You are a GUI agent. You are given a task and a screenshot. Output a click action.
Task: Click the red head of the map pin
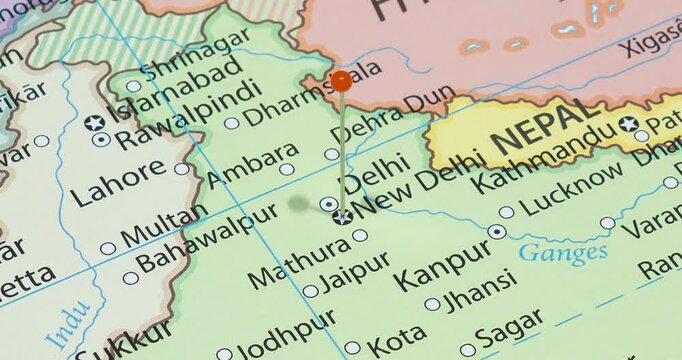[342, 81]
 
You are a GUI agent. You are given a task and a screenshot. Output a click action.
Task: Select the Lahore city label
[118, 183]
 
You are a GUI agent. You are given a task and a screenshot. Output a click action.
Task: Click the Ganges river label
[563, 250]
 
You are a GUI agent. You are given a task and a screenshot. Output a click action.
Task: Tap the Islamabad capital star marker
[95, 123]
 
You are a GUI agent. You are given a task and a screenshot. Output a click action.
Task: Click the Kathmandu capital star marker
[628, 124]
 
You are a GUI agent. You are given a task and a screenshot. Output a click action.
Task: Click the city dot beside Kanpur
[497, 232]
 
